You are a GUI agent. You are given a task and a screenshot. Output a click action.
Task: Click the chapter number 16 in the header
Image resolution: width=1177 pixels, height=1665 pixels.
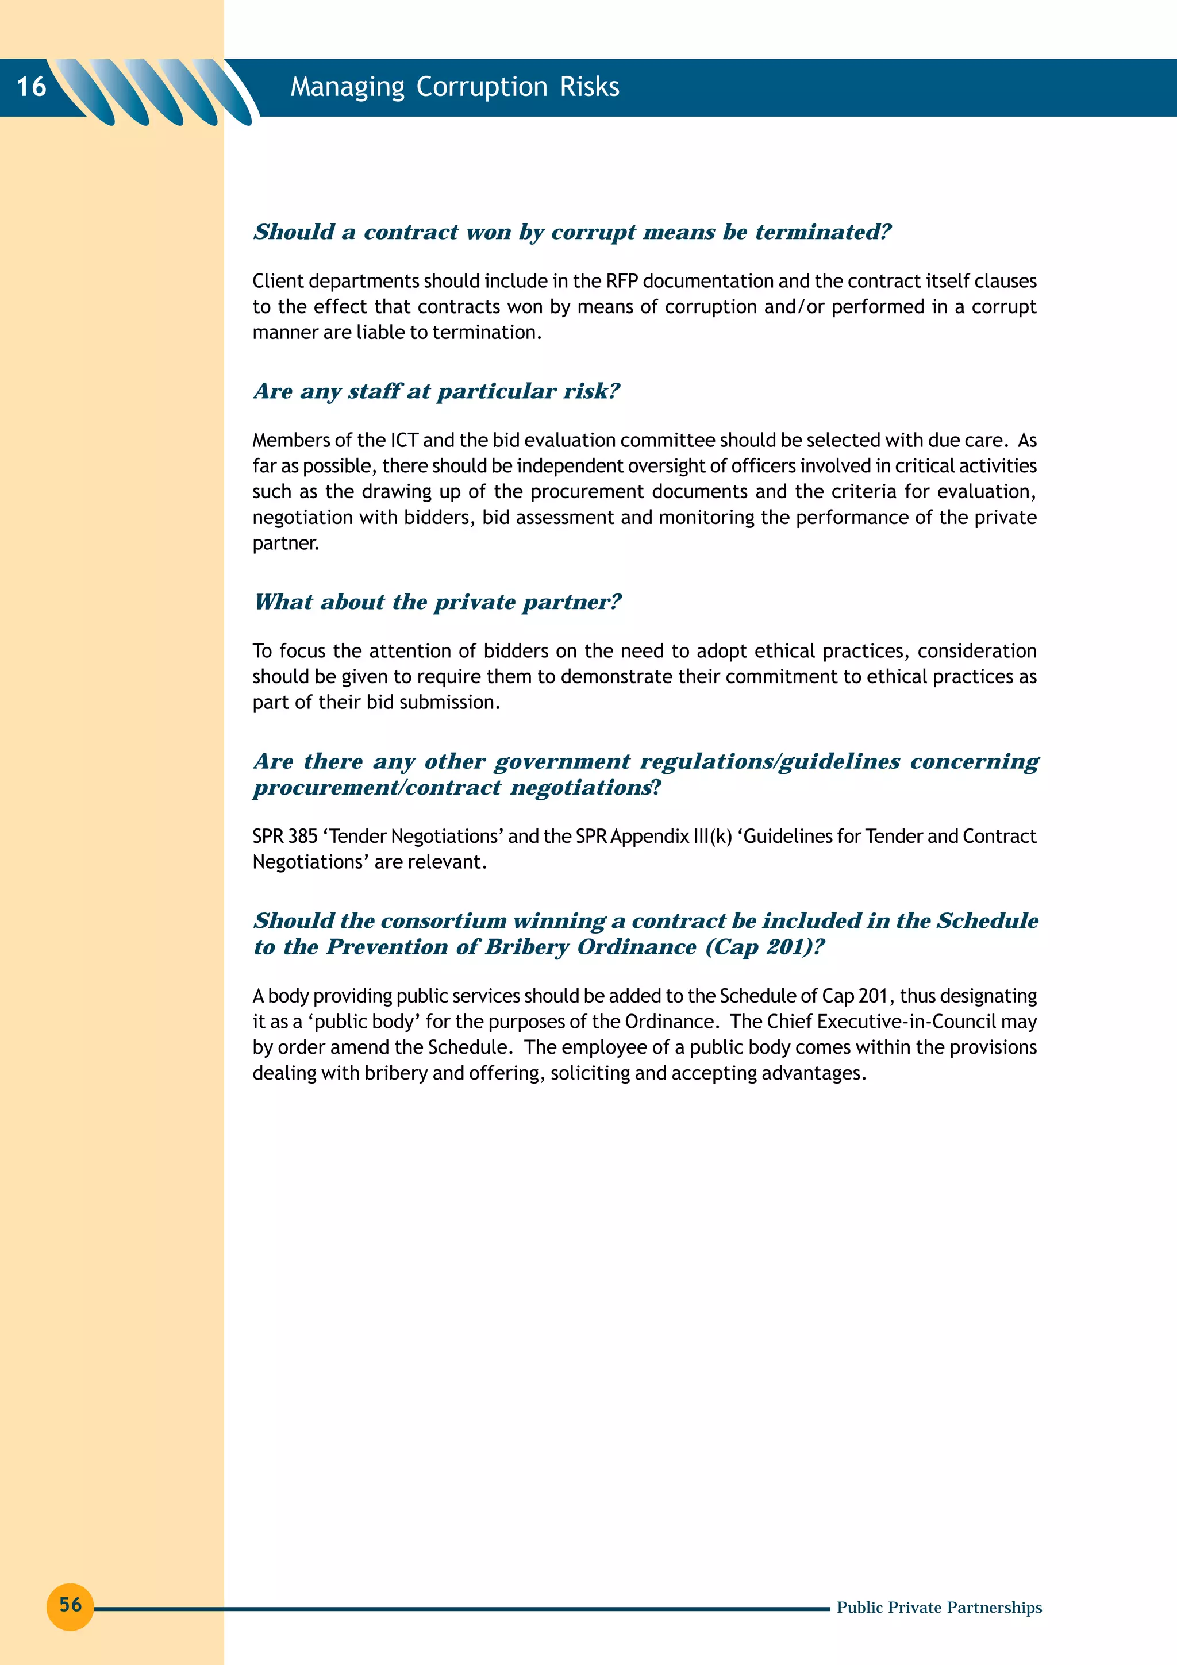click(x=31, y=86)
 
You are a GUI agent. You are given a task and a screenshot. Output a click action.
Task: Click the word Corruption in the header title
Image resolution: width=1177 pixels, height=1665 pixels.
click(x=482, y=87)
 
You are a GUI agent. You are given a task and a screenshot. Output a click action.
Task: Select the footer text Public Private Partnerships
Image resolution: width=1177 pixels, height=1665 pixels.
click(x=939, y=1608)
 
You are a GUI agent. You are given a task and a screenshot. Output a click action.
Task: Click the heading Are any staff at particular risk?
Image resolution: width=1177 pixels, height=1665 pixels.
click(x=437, y=392)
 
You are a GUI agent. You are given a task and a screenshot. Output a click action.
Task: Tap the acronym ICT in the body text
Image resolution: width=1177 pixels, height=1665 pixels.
click(x=405, y=440)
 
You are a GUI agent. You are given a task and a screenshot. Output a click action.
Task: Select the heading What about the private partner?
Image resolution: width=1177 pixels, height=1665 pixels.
click(x=437, y=602)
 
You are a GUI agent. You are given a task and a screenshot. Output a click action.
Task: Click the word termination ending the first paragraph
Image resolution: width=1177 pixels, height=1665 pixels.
click(x=487, y=332)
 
